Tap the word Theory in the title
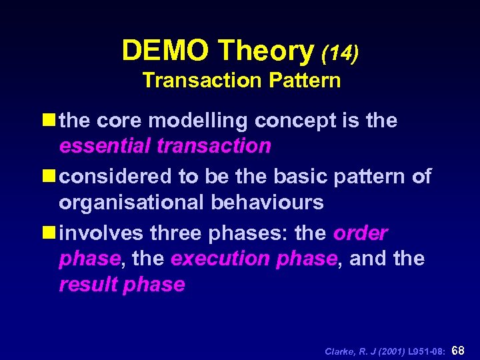(x=266, y=51)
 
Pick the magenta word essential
(x=105, y=146)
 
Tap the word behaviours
(x=267, y=202)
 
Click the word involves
(x=100, y=234)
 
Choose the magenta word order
(x=360, y=234)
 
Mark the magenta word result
(x=86, y=285)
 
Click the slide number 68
(x=459, y=350)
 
